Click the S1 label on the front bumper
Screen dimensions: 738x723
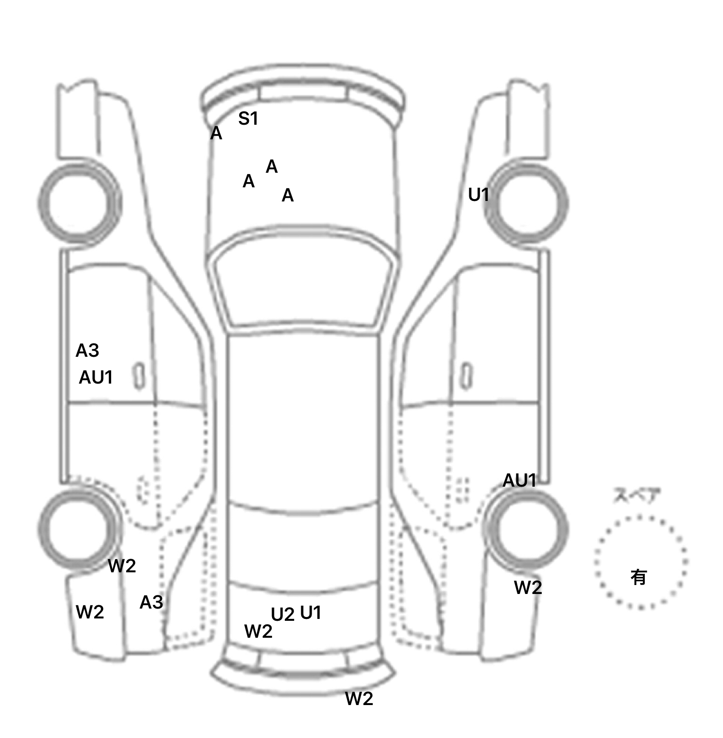click(x=248, y=119)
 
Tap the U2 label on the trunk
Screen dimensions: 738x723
click(x=282, y=615)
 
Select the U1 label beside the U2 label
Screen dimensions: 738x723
click(x=311, y=612)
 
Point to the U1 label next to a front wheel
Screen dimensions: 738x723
click(x=479, y=194)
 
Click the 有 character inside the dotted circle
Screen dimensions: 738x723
click(x=639, y=577)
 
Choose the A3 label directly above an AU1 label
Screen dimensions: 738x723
click(x=88, y=351)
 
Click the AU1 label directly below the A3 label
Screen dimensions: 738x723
click(x=96, y=377)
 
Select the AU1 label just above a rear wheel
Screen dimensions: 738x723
click(x=520, y=481)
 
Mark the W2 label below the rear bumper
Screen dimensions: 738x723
click(x=359, y=699)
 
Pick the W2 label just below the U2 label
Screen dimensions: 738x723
click(x=258, y=632)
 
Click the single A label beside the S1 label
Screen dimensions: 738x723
click(x=216, y=134)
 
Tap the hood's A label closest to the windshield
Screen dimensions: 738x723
click(x=288, y=195)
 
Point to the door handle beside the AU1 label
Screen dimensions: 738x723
click(x=139, y=376)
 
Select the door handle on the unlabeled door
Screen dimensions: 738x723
click(x=466, y=376)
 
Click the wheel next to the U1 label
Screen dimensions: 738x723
click(x=526, y=203)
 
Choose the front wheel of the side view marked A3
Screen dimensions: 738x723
click(x=79, y=203)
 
